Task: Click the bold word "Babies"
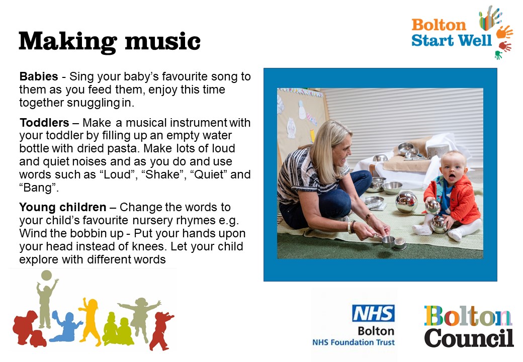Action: point(39,76)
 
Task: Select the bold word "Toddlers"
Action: point(44,123)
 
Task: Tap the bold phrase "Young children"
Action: point(63,207)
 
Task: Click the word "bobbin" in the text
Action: point(85,233)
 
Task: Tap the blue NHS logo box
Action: point(373,313)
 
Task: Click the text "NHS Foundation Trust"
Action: point(353,342)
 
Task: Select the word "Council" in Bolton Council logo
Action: point(469,338)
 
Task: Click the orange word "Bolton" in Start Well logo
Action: point(439,25)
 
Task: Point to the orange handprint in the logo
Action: point(504,32)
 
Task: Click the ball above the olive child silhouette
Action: point(46,276)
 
